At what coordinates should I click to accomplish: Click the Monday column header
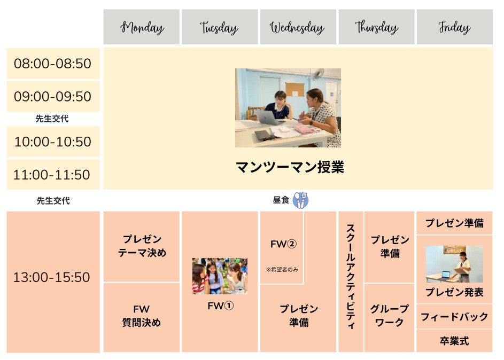[x=142, y=27]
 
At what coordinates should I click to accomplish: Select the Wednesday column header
[x=298, y=27]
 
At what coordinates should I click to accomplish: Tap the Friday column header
[x=454, y=27]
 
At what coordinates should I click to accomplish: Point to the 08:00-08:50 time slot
[x=53, y=64]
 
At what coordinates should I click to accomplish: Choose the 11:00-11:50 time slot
[x=53, y=174]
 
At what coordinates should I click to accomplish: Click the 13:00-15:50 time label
[x=52, y=277]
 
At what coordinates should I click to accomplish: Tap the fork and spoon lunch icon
[x=301, y=200]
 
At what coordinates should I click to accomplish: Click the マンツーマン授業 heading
[x=290, y=167]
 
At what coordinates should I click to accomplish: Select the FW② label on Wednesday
[x=283, y=244]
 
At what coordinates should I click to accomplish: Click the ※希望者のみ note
[x=282, y=270]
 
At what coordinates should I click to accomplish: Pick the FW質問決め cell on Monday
[x=142, y=317]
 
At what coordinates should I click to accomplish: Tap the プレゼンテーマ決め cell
[x=142, y=247]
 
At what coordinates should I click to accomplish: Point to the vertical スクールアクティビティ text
[x=351, y=277]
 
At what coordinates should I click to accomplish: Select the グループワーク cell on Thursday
[x=389, y=318]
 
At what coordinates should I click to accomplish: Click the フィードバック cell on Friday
[x=454, y=317]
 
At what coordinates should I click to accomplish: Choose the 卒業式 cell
[x=454, y=341]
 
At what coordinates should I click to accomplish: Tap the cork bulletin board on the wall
[x=294, y=89]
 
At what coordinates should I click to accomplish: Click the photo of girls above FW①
[x=220, y=276]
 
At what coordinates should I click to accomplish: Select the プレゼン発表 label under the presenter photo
[x=454, y=292]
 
